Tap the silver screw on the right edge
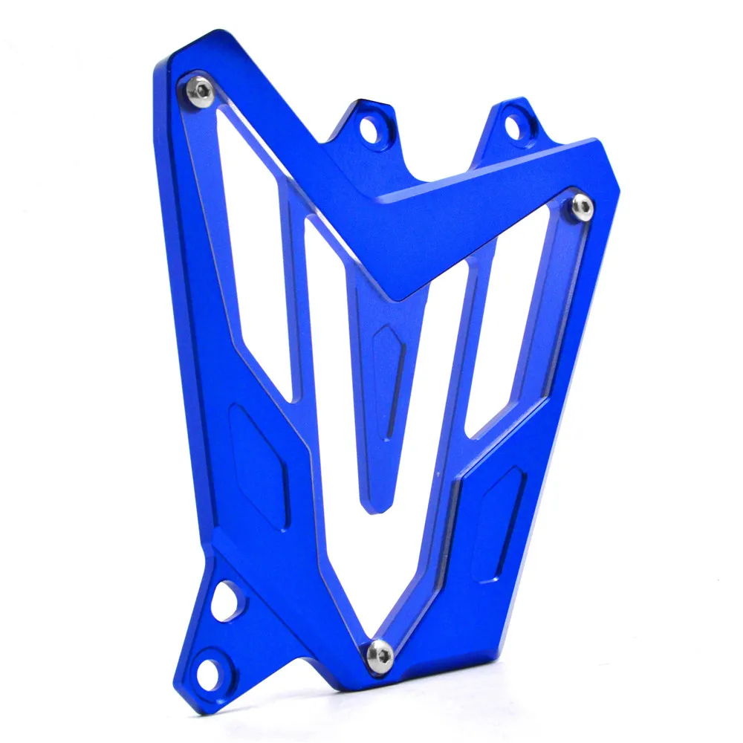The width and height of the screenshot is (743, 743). [x=583, y=207]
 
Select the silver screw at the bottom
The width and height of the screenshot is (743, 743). [x=380, y=652]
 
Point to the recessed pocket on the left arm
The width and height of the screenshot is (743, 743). [x=257, y=464]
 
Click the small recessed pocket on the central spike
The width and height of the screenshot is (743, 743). [x=387, y=349]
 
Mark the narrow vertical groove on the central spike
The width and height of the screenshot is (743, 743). [x=395, y=401]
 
